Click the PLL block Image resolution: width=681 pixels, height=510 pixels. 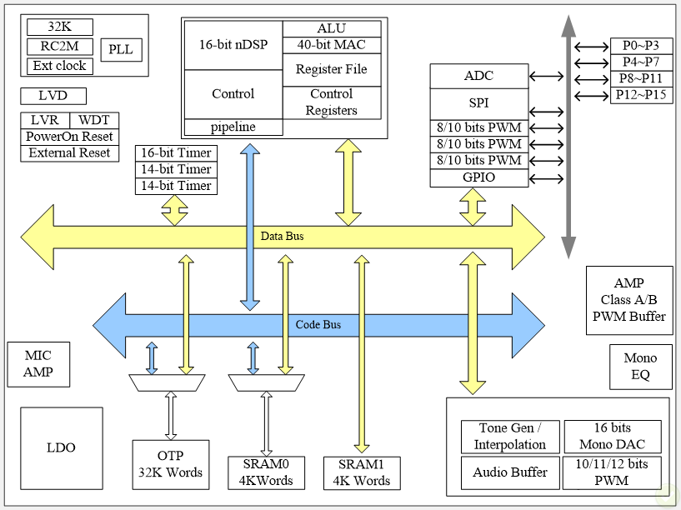121,50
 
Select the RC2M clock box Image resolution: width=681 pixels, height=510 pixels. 59,47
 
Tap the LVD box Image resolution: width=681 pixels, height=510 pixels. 53,96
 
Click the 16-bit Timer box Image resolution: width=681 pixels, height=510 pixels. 176,153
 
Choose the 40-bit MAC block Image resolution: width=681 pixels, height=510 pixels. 331,45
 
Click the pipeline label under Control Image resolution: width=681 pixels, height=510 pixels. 233,127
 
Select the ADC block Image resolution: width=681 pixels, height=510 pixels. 478,76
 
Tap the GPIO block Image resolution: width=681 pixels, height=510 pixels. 478,177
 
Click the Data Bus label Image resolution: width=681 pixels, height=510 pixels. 283,237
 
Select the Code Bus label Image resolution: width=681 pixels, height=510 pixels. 318,325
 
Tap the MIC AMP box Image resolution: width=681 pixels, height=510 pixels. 38,365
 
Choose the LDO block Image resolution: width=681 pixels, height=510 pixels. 61,447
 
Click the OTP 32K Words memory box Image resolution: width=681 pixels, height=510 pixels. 169,464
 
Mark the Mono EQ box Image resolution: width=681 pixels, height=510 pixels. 640,367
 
